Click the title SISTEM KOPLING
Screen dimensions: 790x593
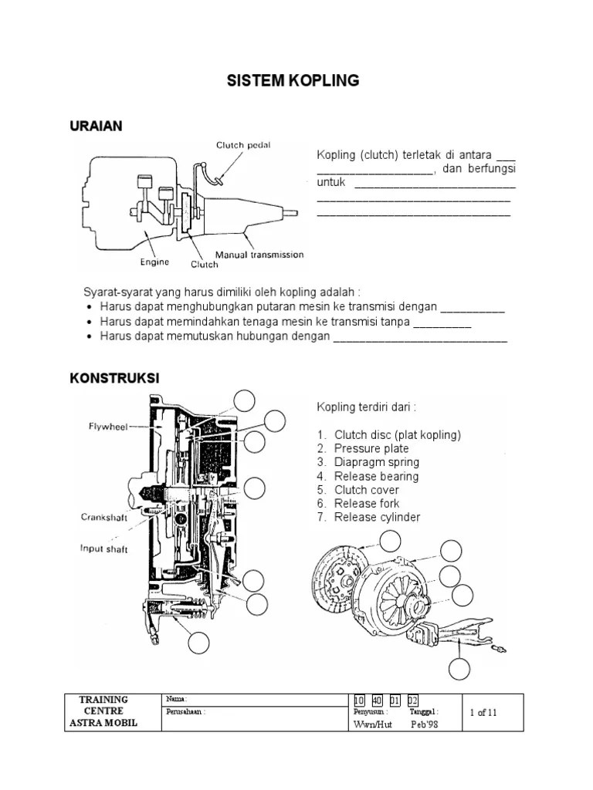click(x=292, y=80)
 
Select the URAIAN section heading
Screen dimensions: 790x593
click(x=96, y=127)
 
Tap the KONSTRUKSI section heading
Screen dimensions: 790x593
click(x=114, y=378)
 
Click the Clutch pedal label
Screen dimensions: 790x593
click(x=242, y=144)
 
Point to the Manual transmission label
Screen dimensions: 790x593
click(x=259, y=255)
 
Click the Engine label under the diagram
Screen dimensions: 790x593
click(x=154, y=262)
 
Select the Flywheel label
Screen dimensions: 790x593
click(x=107, y=425)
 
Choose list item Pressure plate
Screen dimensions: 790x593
click(x=371, y=448)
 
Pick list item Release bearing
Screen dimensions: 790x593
click(x=376, y=476)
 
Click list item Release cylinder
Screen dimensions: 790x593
click(x=377, y=518)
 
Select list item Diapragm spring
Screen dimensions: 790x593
click(x=376, y=462)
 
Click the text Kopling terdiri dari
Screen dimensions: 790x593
click(x=366, y=407)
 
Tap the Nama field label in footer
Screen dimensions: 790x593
click(x=176, y=699)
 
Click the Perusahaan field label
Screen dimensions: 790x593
click(x=185, y=712)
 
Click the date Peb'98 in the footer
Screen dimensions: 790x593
click(x=424, y=726)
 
